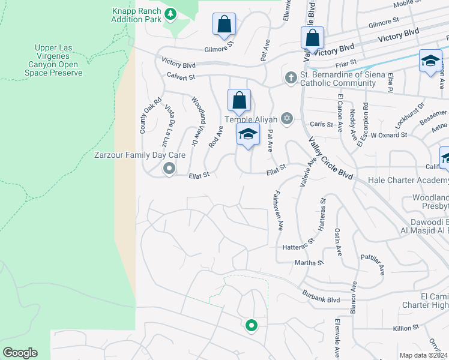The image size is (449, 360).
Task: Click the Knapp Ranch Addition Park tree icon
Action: point(170,13)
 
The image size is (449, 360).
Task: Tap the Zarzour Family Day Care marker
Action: point(169,169)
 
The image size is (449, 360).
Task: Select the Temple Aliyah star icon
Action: point(287,118)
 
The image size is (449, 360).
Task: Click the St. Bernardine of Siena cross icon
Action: point(291,77)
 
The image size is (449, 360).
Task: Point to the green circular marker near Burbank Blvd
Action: point(251,326)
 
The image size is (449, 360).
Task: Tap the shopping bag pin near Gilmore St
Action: point(224,25)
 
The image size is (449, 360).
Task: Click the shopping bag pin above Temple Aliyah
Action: point(239,101)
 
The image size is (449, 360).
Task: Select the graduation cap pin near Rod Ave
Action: point(247,135)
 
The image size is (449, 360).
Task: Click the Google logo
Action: point(20,353)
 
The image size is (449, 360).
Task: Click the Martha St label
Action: point(309,262)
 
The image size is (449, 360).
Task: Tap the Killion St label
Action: point(405,328)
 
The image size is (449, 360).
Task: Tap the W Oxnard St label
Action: point(388,135)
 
